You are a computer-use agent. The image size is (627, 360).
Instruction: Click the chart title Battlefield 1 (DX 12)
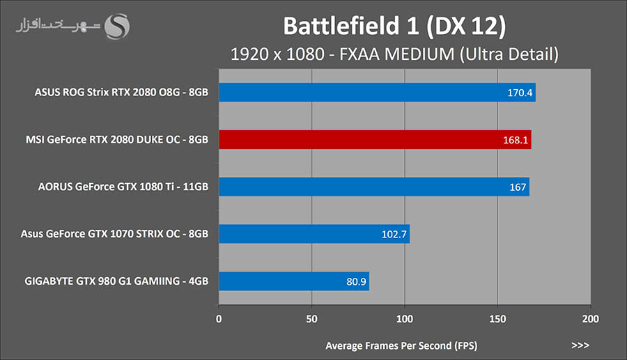394,26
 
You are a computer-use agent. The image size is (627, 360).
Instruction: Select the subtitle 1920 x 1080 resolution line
394,54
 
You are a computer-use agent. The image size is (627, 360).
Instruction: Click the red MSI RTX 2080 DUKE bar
375,139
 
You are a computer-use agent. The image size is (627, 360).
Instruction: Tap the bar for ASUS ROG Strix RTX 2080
377,92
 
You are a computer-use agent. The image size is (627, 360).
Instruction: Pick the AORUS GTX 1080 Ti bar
373,187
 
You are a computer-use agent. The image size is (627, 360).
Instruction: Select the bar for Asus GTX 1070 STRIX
314,234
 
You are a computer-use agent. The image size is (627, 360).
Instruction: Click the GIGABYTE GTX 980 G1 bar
294,281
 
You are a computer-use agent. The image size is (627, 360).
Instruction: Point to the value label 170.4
520,92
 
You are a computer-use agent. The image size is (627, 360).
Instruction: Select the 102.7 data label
394,234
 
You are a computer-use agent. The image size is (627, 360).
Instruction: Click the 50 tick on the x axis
311,320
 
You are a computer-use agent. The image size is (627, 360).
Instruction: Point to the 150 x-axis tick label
497,320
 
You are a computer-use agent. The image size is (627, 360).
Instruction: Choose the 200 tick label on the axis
590,320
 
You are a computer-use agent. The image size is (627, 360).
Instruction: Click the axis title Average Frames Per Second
401,345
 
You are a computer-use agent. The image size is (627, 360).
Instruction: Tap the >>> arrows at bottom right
580,345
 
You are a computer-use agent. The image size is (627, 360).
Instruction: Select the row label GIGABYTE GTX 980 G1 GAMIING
115,282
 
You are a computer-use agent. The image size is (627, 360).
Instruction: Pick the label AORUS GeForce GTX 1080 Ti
123,187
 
